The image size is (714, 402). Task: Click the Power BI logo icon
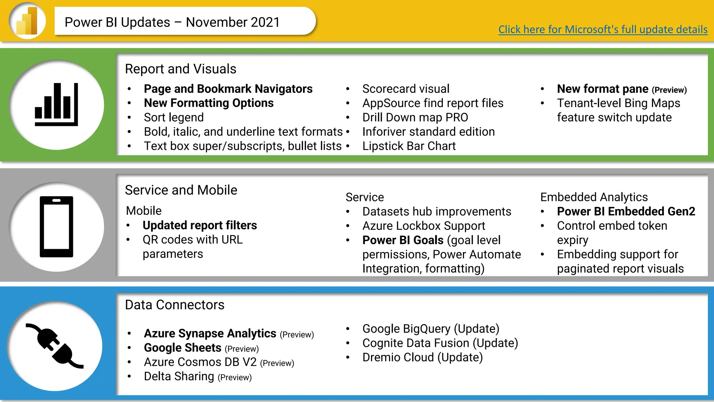pyautogui.click(x=27, y=21)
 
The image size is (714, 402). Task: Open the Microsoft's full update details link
pyautogui.click(x=602, y=29)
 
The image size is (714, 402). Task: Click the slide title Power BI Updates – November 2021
pyautogui.click(x=172, y=22)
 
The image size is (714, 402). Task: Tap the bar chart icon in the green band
pyautogui.click(x=56, y=104)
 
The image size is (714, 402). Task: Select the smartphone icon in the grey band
pyautogui.click(x=56, y=226)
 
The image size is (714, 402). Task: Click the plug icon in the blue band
pyautogui.click(x=55, y=346)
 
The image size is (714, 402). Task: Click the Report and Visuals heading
pyautogui.click(x=181, y=69)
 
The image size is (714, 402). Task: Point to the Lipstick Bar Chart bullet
pyautogui.click(x=409, y=146)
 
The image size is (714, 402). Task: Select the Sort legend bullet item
pyautogui.click(x=174, y=117)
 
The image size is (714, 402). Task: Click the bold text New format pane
pyautogui.click(x=602, y=89)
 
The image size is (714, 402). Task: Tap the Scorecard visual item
pyautogui.click(x=405, y=89)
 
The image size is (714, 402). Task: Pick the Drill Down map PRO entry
pyautogui.click(x=415, y=117)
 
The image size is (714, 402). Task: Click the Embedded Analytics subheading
pyautogui.click(x=594, y=197)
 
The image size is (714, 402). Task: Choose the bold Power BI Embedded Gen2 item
pyautogui.click(x=626, y=211)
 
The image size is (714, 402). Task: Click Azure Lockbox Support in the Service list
pyautogui.click(x=424, y=226)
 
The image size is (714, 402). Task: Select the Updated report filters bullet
pyautogui.click(x=199, y=225)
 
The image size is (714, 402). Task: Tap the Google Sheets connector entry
pyautogui.click(x=183, y=348)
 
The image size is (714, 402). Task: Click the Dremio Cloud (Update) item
pyautogui.click(x=422, y=357)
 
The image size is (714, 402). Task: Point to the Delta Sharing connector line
pyautogui.click(x=179, y=376)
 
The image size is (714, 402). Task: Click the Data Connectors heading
pyautogui.click(x=174, y=305)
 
